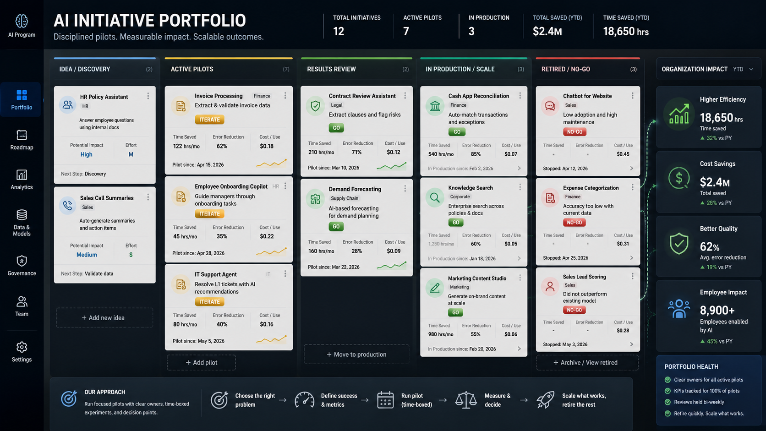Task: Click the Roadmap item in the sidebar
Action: point(22,140)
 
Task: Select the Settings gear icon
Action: point(22,347)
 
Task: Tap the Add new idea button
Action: point(104,317)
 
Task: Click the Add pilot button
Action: point(201,362)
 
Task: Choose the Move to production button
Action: point(356,355)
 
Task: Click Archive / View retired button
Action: point(587,362)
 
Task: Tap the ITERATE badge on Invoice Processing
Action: point(210,120)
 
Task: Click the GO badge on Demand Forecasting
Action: point(336,227)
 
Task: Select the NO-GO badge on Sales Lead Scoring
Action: point(574,310)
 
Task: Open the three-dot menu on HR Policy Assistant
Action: point(148,96)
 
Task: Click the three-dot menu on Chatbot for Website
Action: point(633,96)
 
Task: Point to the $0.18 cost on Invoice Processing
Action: point(267,146)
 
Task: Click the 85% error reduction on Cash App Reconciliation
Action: point(476,154)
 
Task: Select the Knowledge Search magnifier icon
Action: point(435,197)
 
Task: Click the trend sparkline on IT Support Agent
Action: point(272,339)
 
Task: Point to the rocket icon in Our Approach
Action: point(545,400)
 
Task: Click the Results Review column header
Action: point(331,69)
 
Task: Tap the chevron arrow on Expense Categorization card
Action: point(632,258)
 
